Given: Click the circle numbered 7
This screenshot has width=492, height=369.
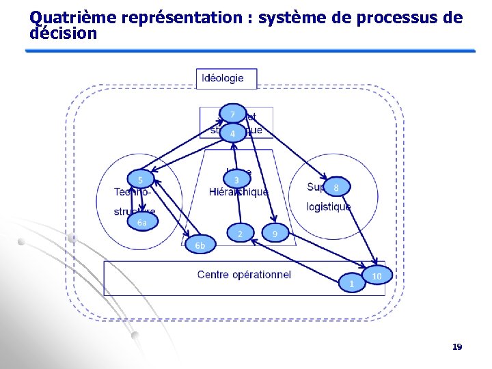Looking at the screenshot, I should pyautogui.click(x=232, y=114).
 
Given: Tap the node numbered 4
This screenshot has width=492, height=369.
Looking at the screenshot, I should pyautogui.click(x=232, y=133).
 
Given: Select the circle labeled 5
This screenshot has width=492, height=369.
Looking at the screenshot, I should pyautogui.click(x=140, y=180).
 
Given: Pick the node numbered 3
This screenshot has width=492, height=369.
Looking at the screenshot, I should pyautogui.click(x=236, y=180).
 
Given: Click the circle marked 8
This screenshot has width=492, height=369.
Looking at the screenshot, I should pyautogui.click(x=336, y=187).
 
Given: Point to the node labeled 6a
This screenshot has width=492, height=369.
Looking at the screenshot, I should pyautogui.click(x=141, y=223).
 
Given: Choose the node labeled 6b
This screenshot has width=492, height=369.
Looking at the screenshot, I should pyautogui.click(x=200, y=245).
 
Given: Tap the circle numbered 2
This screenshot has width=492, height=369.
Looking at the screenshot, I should pyautogui.click(x=240, y=234).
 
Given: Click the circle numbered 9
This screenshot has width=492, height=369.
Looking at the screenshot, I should pyautogui.click(x=275, y=234).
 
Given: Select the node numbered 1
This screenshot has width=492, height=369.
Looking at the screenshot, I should pyautogui.click(x=351, y=283).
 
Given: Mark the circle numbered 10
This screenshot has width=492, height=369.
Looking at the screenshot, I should pyautogui.click(x=377, y=275).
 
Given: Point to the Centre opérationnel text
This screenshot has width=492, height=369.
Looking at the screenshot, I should pyautogui.click(x=244, y=275).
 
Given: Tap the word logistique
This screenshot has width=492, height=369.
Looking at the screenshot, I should pyautogui.click(x=329, y=206).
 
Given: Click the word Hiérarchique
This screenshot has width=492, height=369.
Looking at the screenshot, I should pyautogui.click(x=239, y=192).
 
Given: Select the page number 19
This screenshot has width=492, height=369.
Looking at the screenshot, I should pyautogui.click(x=457, y=347).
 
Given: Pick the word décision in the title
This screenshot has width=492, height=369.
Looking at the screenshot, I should pyautogui.click(x=64, y=33).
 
